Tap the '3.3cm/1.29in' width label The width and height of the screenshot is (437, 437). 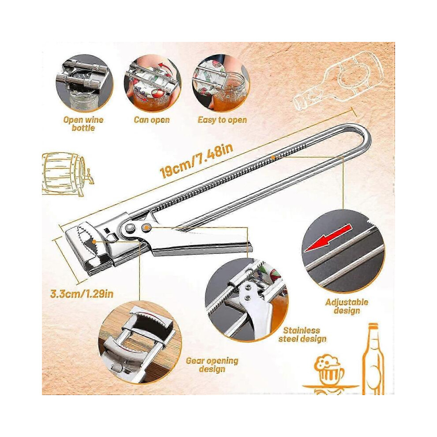pos(82,294)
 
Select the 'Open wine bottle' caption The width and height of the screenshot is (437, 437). pos(83,124)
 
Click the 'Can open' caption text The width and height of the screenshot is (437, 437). pos(152,120)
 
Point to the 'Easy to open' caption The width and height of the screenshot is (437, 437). pos(222,120)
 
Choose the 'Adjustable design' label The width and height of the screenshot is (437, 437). pos(347,306)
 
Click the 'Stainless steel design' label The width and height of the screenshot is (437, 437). pos(302,335)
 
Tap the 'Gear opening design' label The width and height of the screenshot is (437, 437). pos(212,365)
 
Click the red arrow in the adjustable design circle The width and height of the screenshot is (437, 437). pos(328,238)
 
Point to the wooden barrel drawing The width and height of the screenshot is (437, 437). pos(67,174)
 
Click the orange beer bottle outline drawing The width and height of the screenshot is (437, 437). pos(373,359)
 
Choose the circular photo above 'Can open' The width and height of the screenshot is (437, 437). pos(153,83)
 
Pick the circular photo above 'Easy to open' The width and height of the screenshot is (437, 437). pos(221,83)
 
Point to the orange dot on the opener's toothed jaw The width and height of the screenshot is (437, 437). pos(94,241)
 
